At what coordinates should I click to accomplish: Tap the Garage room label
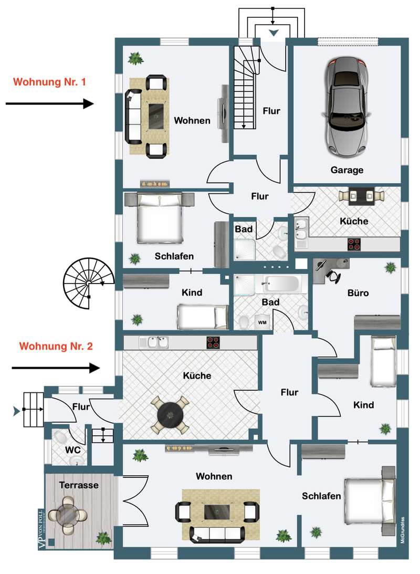tap(346, 170)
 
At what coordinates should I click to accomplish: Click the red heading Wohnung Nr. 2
tap(56, 346)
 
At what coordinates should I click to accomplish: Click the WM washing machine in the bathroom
tap(261, 322)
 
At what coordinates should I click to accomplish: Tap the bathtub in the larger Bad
tap(281, 285)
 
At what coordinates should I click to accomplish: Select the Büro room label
tap(358, 293)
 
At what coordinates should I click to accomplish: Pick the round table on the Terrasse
tap(67, 515)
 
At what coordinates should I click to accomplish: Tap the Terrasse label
tap(79, 485)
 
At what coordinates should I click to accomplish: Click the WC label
tap(72, 450)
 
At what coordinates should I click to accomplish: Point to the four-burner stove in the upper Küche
tap(354, 244)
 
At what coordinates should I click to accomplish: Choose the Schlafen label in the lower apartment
tap(321, 496)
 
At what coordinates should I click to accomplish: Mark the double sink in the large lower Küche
tap(153, 342)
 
